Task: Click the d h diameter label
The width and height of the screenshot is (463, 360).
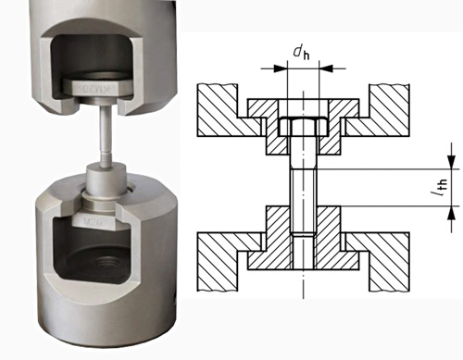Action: [302, 53]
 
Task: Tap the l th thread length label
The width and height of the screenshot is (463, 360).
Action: [440, 188]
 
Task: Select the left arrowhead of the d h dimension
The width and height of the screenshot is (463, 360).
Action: [281, 68]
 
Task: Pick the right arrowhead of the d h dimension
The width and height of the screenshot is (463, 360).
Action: [326, 68]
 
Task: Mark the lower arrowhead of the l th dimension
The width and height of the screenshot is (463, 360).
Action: [452, 213]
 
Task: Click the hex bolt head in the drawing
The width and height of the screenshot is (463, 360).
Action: [303, 127]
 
